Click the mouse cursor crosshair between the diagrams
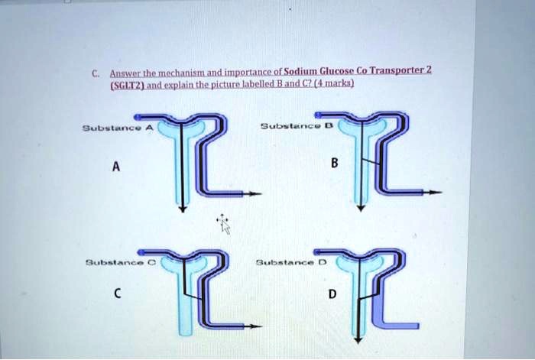224,223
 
